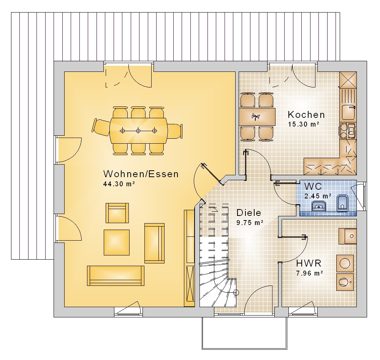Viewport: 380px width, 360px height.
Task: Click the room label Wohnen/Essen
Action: pos(141,174)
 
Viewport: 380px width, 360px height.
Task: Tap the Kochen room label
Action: pos(306,114)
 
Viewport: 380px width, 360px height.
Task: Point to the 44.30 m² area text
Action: pos(119,184)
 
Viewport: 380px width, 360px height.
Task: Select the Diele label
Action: pos(249,213)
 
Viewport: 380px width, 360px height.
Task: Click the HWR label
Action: pos(309,263)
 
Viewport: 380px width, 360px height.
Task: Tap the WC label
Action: pos(313,186)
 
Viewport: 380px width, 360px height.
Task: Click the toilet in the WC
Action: pos(342,203)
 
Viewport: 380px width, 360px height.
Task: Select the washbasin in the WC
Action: pos(319,206)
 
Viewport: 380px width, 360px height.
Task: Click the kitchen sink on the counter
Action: pos(348,112)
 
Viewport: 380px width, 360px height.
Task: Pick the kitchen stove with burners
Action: pos(348,131)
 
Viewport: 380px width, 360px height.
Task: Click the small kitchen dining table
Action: pos(257,117)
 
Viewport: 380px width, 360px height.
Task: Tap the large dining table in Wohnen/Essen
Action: pos(138,131)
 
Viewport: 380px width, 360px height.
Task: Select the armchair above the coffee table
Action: pos(117,213)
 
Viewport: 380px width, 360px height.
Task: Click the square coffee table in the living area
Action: pos(117,243)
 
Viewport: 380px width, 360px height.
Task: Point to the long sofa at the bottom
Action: pos(116,276)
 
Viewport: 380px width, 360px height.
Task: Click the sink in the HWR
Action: pos(348,236)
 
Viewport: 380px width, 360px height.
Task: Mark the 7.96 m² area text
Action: pos(309,273)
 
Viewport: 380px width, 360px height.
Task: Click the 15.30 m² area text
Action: pos(303,124)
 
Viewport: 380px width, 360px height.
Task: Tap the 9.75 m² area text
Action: pos(250,222)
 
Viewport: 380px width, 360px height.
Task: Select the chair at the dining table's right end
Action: pos(175,131)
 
